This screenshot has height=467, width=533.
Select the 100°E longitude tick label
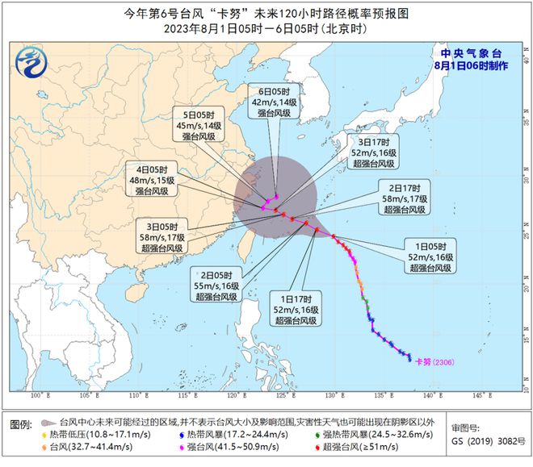(x=35, y=395)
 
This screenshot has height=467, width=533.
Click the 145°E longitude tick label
(x=479, y=395)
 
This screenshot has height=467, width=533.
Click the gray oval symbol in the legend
(x=48, y=423)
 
